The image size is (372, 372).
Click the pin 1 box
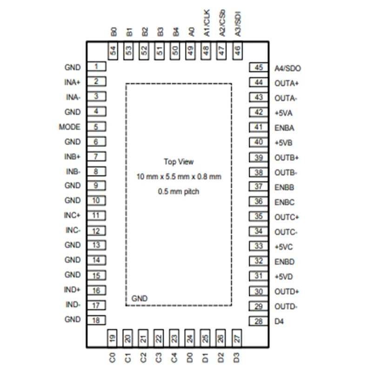tap(97, 67)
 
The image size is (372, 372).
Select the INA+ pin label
tap(73, 82)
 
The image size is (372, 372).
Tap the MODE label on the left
tap(70, 127)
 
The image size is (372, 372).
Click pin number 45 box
tap(259, 68)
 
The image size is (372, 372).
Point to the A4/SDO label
tap(288, 68)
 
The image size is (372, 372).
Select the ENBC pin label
tap(284, 202)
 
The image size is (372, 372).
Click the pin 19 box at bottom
tap(112, 338)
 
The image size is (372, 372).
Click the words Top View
tap(179, 162)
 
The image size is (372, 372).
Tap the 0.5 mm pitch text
tap(179, 191)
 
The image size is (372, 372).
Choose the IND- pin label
tap(73, 305)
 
